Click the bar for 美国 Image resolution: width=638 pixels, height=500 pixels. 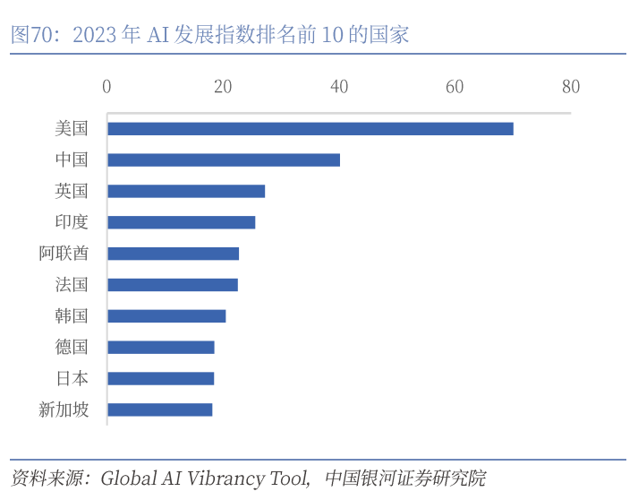point(310,128)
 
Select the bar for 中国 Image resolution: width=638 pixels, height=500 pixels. point(224,159)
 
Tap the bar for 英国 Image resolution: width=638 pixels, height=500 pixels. point(186,191)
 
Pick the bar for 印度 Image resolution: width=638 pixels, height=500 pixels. point(181,222)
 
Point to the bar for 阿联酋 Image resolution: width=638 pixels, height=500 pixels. point(173,254)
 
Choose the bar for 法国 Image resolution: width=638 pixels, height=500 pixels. point(173,285)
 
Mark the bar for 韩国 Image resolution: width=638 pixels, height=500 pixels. point(166,316)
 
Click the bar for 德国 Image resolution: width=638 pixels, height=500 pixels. point(161,348)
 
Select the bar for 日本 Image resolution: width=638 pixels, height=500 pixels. point(160,378)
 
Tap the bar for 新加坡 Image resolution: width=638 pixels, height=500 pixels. point(159,409)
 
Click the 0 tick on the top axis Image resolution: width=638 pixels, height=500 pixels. point(107,87)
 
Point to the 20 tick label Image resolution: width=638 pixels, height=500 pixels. point(223,87)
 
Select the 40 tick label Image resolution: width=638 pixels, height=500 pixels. point(339,87)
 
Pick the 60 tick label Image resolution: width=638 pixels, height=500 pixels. point(455,87)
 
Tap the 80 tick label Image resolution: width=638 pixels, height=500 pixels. point(571,87)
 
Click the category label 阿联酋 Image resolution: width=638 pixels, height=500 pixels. point(64,254)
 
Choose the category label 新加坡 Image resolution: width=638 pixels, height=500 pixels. point(64,409)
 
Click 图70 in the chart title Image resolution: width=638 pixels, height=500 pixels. point(32,36)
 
